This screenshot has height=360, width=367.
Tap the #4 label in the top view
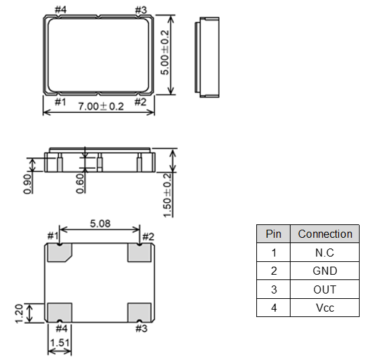60,10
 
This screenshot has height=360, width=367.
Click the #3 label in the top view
141,10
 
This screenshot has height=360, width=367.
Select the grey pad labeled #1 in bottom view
59,253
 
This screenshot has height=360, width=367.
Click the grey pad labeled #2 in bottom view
140,253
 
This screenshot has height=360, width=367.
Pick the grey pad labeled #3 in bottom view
140,312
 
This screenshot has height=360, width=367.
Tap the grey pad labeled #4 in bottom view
59,312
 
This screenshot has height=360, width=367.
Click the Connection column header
325,234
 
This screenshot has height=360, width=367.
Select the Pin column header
273,234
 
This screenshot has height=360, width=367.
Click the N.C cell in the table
325,253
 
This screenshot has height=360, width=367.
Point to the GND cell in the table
325,271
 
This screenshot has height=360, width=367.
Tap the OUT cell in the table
325,289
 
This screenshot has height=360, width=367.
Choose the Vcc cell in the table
325,308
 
